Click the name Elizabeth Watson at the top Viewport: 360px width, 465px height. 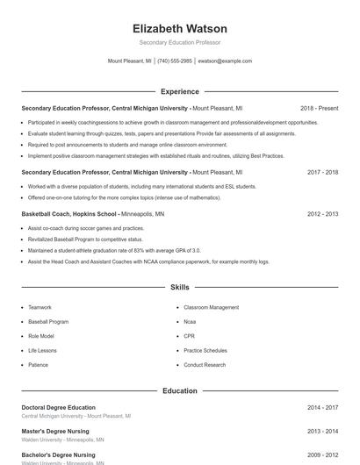point(180,29)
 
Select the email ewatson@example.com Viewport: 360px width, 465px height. point(225,61)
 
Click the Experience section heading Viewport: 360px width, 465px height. point(180,91)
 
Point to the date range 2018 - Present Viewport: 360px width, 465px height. point(319,108)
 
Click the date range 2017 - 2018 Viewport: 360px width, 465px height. point(322,172)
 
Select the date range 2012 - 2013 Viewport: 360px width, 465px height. point(322,214)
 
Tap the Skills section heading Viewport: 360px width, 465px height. point(180,287)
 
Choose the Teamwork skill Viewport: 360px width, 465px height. point(40,308)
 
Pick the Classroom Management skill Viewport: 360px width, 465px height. point(211,308)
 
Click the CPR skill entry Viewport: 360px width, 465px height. point(189,336)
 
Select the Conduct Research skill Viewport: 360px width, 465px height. point(205,365)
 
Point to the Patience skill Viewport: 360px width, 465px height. point(38,365)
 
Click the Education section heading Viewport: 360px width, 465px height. point(180,390)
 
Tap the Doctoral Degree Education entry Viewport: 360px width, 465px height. point(58,407)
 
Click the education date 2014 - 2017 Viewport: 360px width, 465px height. point(322,407)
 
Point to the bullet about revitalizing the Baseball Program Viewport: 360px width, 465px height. point(85,239)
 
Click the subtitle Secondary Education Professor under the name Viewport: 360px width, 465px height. point(180,42)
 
